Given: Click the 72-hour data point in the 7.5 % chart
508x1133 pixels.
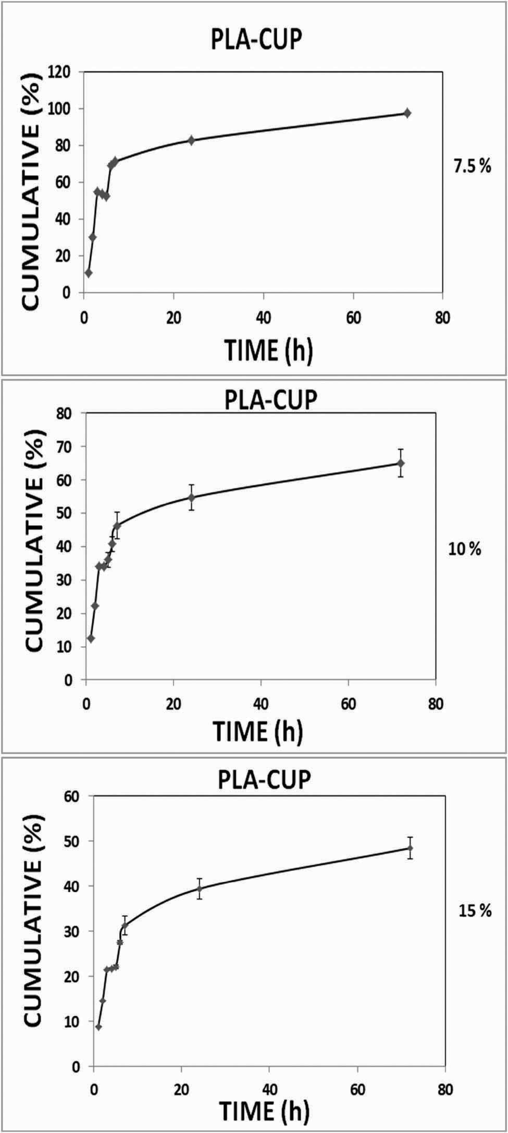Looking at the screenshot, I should point(407,113).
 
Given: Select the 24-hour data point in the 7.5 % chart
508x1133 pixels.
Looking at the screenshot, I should point(191,140).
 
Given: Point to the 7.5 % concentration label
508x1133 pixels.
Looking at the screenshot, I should point(472,167).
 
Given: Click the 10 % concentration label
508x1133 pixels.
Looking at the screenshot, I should point(465,549).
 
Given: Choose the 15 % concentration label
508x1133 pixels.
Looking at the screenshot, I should point(475,910).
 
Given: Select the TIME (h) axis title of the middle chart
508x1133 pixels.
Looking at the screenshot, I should point(257,731).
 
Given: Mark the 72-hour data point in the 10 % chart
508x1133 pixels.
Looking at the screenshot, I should point(401,463).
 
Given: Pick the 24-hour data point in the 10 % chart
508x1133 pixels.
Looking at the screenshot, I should point(191,497).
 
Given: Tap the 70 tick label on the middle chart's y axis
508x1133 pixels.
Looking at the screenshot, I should point(64,447).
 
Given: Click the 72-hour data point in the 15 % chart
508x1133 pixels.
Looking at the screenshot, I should point(410,848).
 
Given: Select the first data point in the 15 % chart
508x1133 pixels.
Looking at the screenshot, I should point(98,1027).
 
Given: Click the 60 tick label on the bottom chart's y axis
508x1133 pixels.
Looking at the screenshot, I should point(71,796).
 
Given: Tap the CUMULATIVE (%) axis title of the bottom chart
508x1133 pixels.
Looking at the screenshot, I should point(32,921).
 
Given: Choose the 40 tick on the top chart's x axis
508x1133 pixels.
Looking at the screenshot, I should point(264,318).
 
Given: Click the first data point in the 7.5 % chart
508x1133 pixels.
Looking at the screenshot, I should point(89,273).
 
